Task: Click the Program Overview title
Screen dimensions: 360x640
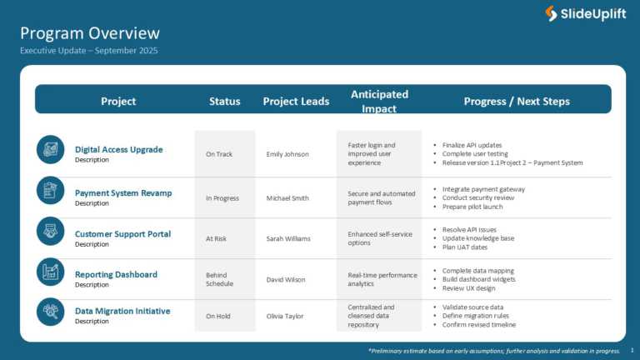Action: pyautogui.click(x=90, y=33)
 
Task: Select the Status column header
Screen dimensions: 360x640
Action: pyautogui.click(x=225, y=102)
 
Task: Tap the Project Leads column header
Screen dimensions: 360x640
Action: pyautogui.click(x=296, y=102)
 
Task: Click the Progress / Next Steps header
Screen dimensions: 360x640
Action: pyautogui.click(x=517, y=102)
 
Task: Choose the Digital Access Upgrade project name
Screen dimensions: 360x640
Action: pyautogui.click(x=119, y=150)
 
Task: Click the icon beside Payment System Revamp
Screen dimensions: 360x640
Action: pyautogui.click(x=50, y=190)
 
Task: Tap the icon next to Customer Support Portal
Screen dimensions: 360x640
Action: pyautogui.click(x=50, y=231)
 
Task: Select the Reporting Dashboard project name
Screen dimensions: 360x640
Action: pyautogui.click(x=116, y=274)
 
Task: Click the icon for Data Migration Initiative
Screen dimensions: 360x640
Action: pyautogui.click(x=50, y=312)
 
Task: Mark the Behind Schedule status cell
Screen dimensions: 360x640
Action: pyautogui.click(x=221, y=279)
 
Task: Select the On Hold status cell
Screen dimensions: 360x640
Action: pyautogui.click(x=218, y=316)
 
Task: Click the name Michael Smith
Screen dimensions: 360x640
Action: pyautogui.click(x=287, y=198)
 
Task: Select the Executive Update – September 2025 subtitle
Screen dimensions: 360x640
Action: pyautogui.click(x=88, y=51)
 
